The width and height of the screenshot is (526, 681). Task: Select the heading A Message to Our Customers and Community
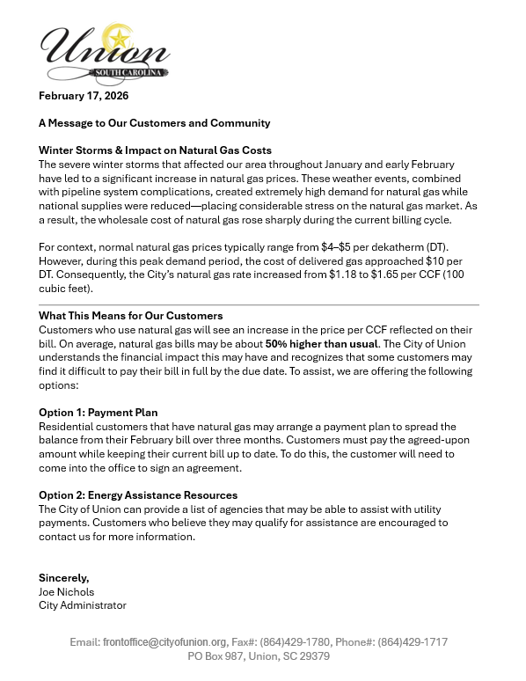point(154,123)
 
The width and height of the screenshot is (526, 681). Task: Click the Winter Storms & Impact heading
point(155,150)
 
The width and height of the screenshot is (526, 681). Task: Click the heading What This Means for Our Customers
point(130,315)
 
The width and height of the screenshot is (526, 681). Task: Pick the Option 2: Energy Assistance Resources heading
point(138,495)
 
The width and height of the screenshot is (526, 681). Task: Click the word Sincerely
point(63,577)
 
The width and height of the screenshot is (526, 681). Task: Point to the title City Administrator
point(83,605)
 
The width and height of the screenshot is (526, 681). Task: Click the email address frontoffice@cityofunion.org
point(165,643)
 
